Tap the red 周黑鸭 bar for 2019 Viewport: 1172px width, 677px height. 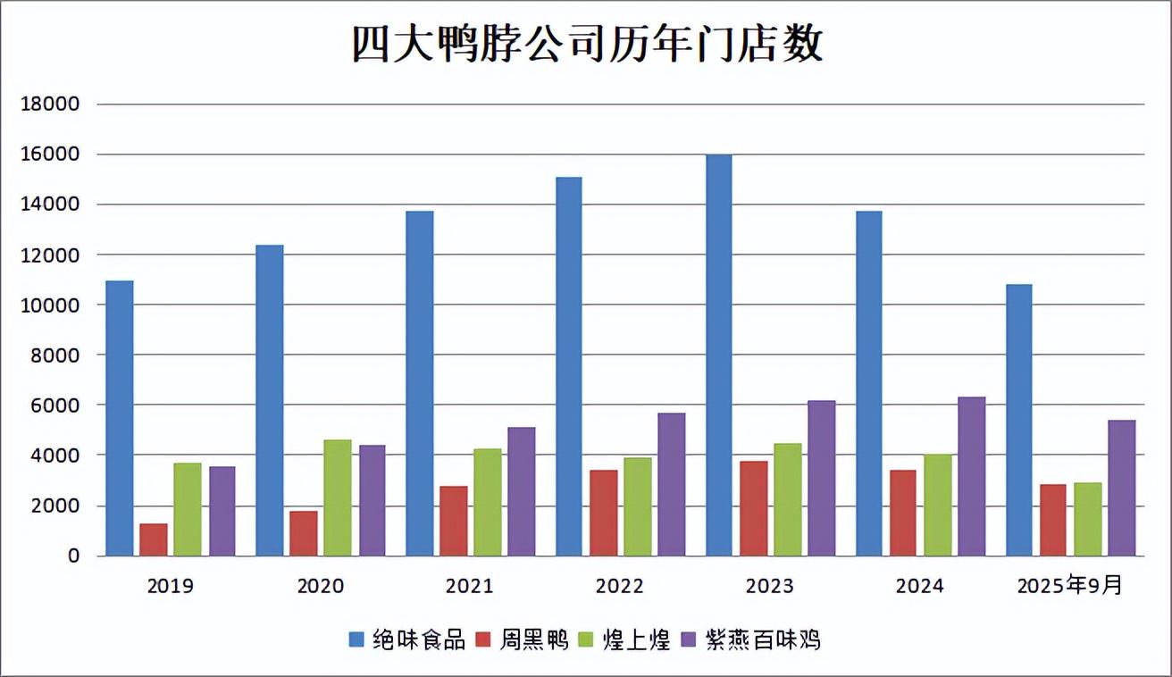[154, 539]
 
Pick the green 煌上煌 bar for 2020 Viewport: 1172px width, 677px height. [337, 497]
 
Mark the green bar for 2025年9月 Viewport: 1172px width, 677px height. [1087, 519]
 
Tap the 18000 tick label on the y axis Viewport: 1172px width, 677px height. [50, 104]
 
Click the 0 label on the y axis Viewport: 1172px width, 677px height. [74, 556]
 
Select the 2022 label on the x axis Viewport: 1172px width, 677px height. [620, 587]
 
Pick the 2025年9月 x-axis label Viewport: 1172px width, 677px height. [1069, 587]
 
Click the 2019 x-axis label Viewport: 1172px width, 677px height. [170, 587]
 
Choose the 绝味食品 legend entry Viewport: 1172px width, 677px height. [419, 639]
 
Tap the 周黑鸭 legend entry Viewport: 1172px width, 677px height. [534, 639]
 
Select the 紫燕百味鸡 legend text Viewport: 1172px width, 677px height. [762, 639]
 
